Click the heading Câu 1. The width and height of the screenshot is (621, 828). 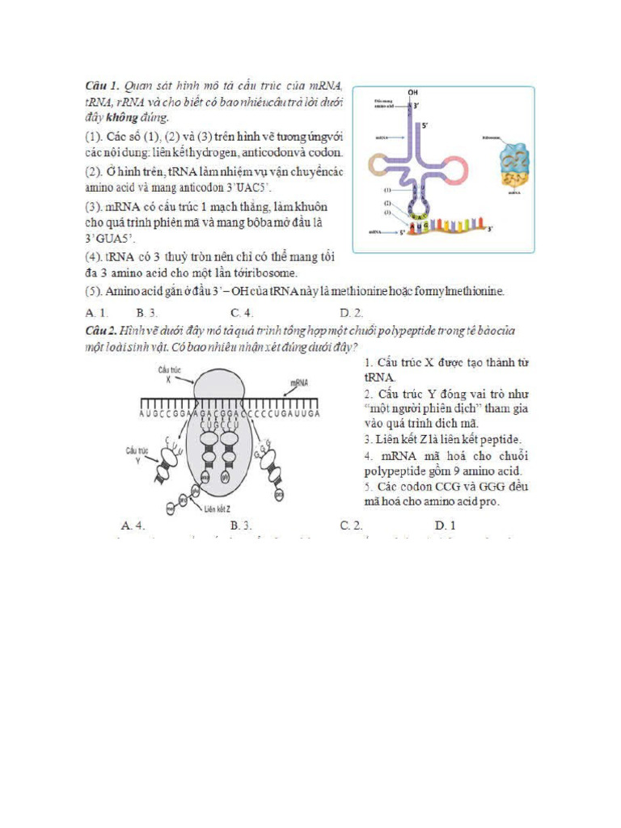click(x=103, y=85)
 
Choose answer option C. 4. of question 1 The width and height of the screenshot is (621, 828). click(x=242, y=312)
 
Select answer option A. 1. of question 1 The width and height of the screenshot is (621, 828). click(x=96, y=312)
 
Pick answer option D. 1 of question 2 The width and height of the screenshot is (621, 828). click(x=445, y=526)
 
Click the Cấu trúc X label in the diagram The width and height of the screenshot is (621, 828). click(x=170, y=373)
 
